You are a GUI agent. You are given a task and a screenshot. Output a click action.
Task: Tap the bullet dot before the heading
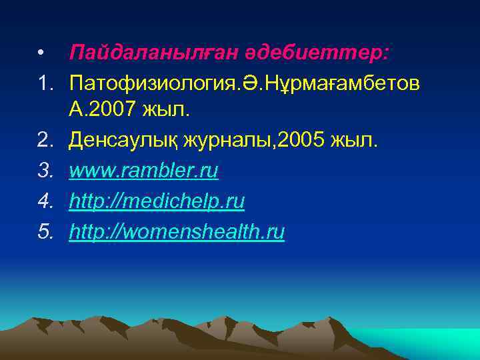(x=41, y=52)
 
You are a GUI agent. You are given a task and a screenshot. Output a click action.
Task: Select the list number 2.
(x=45, y=141)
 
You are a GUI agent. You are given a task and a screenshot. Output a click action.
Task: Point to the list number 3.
(x=45, y=171)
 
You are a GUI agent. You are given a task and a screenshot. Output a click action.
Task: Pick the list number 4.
(x=45, y=201)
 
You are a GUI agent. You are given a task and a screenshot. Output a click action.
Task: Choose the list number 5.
(x=45, y=231)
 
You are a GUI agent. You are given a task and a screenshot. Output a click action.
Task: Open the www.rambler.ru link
(x=143, y=171)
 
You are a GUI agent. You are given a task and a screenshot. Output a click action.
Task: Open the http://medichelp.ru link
(x=157, y=201)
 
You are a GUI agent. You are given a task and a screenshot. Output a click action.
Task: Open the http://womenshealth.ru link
(x=177, y=231)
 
